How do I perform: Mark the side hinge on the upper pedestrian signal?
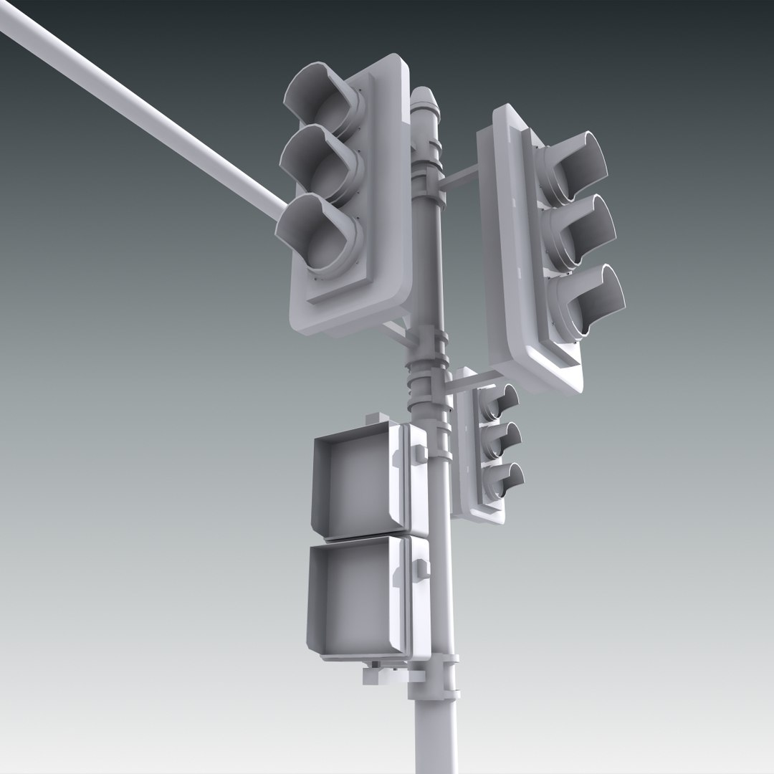tap(419, 453)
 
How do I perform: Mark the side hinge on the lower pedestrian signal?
tap(421, 570)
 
